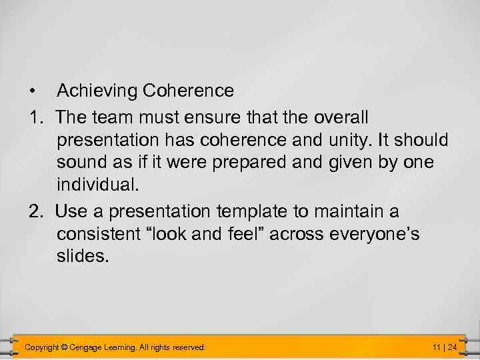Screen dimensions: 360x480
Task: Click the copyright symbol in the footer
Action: pyautogui.click(x=63, y=347)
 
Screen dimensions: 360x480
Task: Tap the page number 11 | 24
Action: pyautogui.click(x=444, y=347)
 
